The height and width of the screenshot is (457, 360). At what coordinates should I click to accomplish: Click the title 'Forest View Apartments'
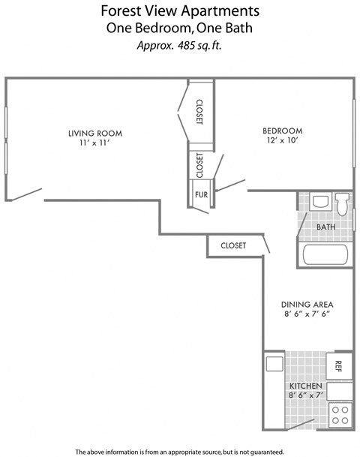point(179,11)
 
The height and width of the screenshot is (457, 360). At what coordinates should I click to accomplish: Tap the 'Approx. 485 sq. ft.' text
point(179,45)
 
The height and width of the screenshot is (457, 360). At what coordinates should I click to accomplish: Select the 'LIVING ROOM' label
point(94,134)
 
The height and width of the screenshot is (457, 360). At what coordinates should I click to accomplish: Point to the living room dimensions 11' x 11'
point(94,143)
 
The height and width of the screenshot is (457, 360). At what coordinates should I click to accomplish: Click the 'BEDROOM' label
point(282,130)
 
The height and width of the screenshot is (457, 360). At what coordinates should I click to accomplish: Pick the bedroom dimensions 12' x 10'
point(282,140)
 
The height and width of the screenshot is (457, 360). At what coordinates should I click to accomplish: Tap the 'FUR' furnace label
point(200,195)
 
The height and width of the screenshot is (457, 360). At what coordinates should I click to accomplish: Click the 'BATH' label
point(325,227)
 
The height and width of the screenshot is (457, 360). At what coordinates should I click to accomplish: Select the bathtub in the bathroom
point(324,254)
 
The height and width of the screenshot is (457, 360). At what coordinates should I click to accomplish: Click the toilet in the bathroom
point(342,203)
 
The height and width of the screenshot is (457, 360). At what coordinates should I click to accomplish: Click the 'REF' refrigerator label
point(339,365)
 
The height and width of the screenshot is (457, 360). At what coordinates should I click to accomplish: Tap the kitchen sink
point(273,363)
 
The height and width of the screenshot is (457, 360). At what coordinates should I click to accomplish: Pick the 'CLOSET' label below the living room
point(233,245)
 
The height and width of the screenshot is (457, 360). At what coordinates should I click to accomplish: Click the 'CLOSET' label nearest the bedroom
point(199,112)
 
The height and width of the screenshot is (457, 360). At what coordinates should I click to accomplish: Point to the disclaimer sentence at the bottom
point(179,451)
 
